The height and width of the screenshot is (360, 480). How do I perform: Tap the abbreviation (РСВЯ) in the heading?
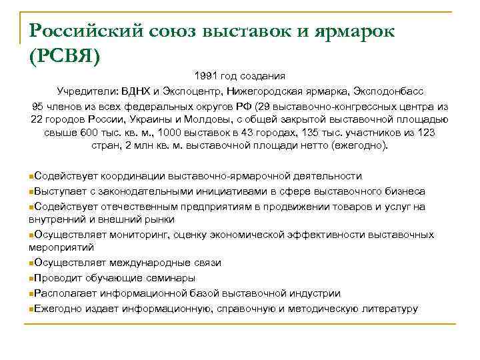pos(64,56)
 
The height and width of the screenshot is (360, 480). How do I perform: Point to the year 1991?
pos(207,76)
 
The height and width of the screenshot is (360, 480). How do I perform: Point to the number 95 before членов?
pos(38,107)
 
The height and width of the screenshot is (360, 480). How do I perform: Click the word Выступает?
pos(58,191)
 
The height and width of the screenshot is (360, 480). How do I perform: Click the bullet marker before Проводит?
pos(31,279)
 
